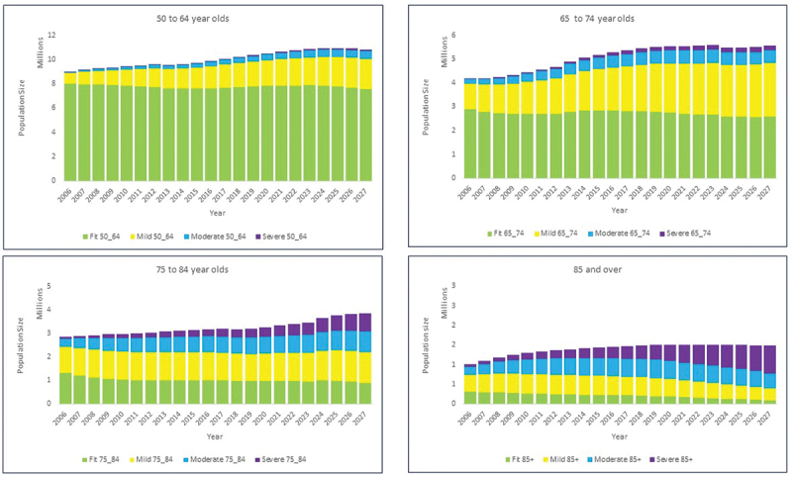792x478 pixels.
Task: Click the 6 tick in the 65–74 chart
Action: (x=453, y=35)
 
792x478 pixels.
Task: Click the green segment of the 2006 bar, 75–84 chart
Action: (x=66, y=388)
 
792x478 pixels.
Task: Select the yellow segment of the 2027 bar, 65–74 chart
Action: (x=769, y=90)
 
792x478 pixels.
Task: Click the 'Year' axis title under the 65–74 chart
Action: (x=619, y=210)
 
